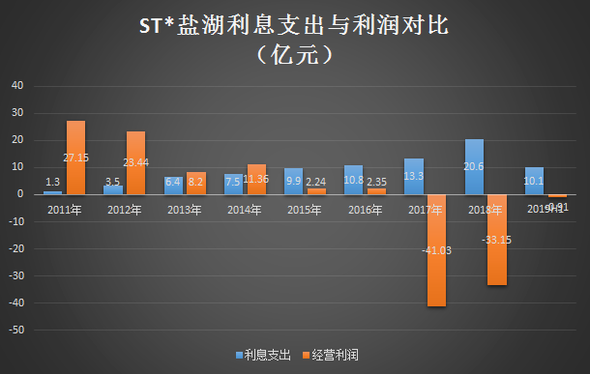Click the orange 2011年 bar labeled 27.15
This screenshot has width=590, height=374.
(x=75, y=158)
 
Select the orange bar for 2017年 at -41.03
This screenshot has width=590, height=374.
(x=435, y=250)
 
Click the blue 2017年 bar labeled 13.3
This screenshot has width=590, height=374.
(x=414, y=176)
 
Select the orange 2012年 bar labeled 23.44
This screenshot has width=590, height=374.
(x=135, y=162)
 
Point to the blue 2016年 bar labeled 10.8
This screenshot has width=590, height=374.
(x=354, y=180)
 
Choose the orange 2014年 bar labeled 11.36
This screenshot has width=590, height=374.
(x=255, y=179)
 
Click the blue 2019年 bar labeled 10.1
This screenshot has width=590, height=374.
(x=534, y=181)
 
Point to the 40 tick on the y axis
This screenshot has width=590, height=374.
(x=16, y=85)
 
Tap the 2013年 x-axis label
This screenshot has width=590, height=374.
(x=185, y=209)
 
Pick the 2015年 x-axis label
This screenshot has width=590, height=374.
(x=305, y=209)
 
